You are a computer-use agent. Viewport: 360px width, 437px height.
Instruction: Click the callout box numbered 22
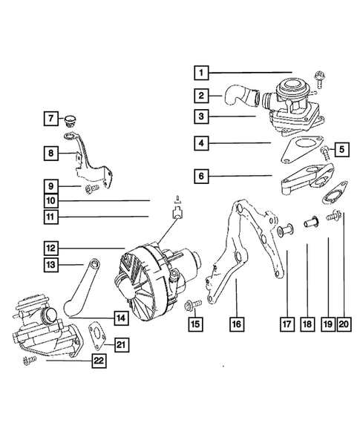(98, 361)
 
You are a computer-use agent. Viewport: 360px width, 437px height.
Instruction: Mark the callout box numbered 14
(120, 317)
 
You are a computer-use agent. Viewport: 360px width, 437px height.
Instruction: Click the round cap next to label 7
(72, 119)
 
